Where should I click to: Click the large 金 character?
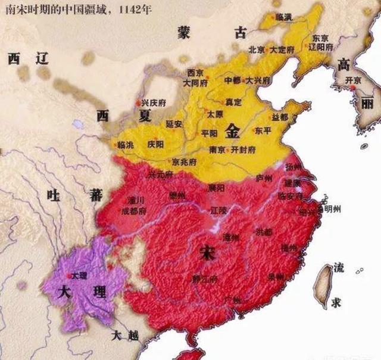[233, 129]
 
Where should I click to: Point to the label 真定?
[233, 103]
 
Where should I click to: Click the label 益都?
[279, 116]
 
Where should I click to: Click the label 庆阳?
[155, 144]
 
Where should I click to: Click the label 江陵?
[219, 210]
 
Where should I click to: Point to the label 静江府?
[205, 278]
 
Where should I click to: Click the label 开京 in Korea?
[354, 80]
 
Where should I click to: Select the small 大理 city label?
[79, 276]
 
